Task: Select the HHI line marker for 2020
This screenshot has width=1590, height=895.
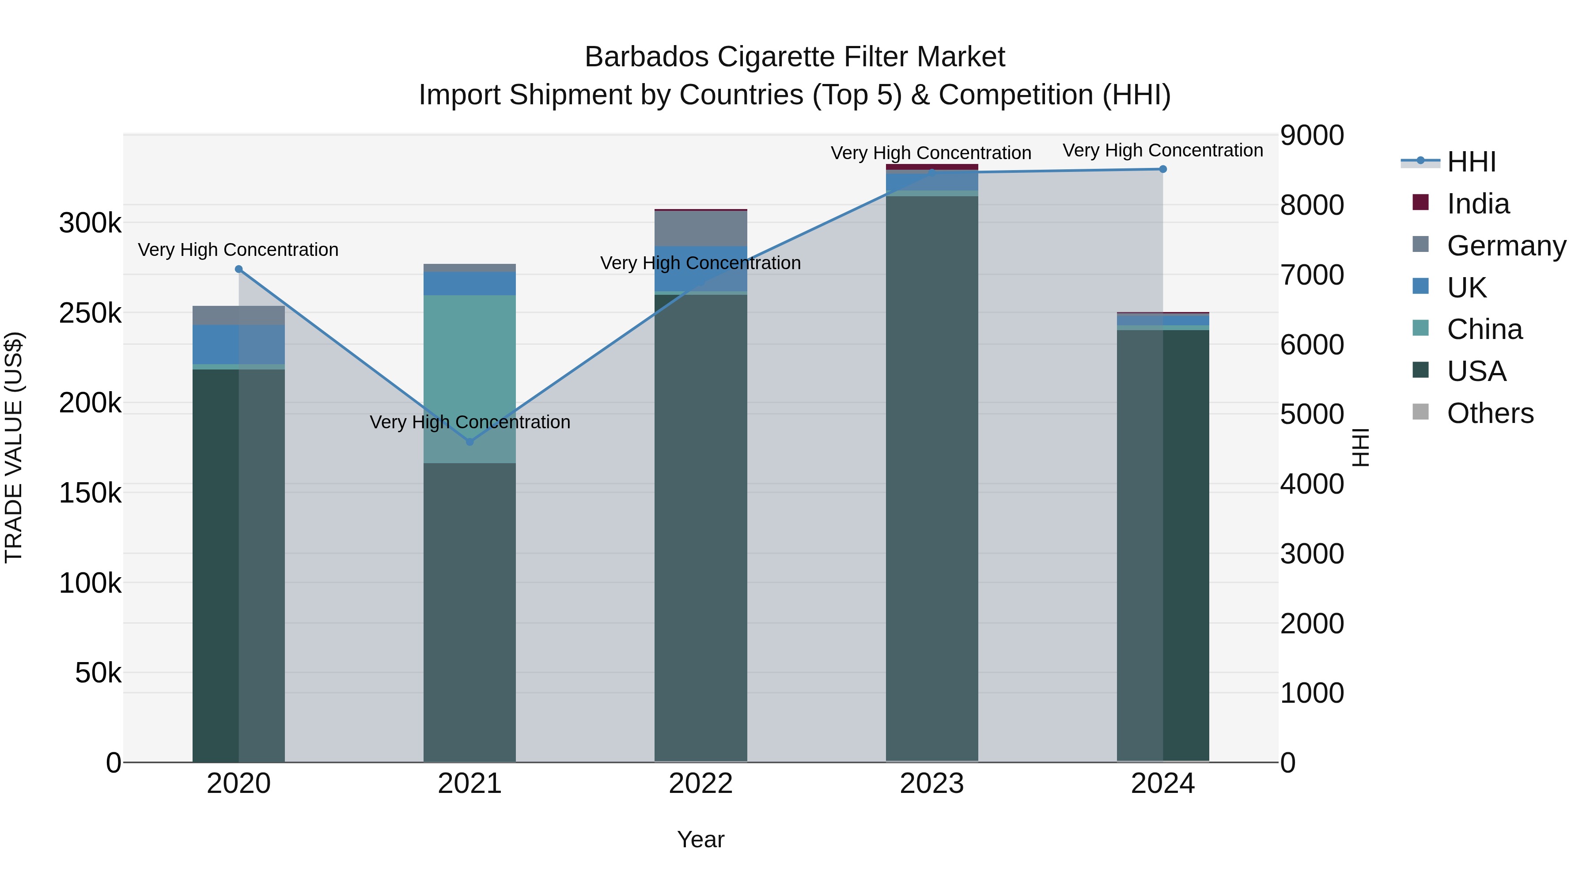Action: [239, 269]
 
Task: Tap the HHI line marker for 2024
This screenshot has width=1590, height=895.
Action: [1163, 169]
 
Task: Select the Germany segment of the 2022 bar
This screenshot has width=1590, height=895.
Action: [700, 229]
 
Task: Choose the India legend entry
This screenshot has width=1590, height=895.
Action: [1478, 204]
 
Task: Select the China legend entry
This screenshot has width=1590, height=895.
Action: [1484, 329]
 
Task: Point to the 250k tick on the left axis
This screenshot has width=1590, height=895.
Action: [90, 313]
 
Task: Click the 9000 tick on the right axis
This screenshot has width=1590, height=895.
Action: [1312, 135]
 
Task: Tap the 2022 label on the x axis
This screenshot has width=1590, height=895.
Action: [700, 784]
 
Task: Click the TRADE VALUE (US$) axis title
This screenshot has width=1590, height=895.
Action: [14, 447]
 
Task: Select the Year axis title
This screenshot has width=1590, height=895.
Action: [700, 839]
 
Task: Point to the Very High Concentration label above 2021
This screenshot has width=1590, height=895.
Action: [470, 422]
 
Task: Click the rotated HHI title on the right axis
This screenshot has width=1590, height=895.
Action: [1360, 447]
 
